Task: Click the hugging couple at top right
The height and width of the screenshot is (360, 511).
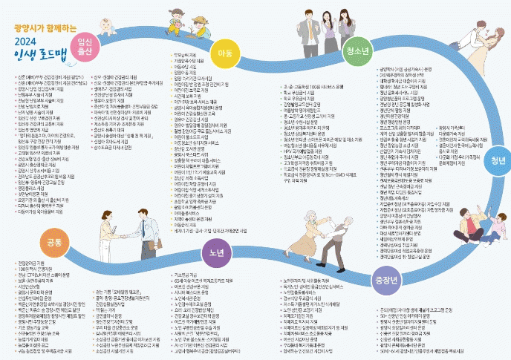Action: (x=476, y=44)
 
